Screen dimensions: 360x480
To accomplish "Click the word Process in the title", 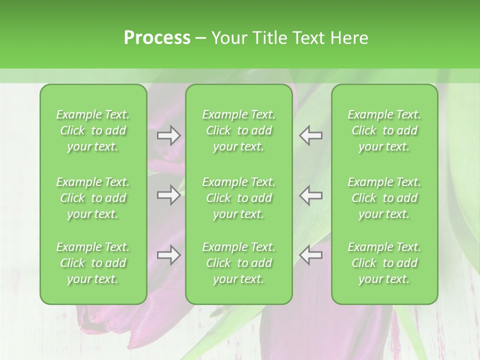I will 157,38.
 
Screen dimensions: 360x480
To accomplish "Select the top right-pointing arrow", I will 168,135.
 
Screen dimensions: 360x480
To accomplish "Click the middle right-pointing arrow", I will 168,195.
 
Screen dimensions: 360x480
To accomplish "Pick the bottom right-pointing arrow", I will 168,255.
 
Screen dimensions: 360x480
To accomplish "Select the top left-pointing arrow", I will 311,135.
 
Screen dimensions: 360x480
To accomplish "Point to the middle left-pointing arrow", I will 311,195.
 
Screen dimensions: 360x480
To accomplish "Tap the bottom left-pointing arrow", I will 311,255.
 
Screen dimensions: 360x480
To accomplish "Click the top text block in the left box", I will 93,130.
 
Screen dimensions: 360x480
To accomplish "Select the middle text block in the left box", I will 93,198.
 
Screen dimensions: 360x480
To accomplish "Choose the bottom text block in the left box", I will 93,263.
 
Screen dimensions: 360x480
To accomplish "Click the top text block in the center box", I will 238,130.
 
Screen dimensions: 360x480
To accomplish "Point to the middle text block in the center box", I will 238,198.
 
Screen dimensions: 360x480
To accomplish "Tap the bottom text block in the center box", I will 238,263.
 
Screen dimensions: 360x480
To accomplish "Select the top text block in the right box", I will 384,130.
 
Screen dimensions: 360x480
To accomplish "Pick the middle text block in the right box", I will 384,198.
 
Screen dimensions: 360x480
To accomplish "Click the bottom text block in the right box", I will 384,263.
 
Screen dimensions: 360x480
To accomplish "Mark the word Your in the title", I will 228,38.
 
